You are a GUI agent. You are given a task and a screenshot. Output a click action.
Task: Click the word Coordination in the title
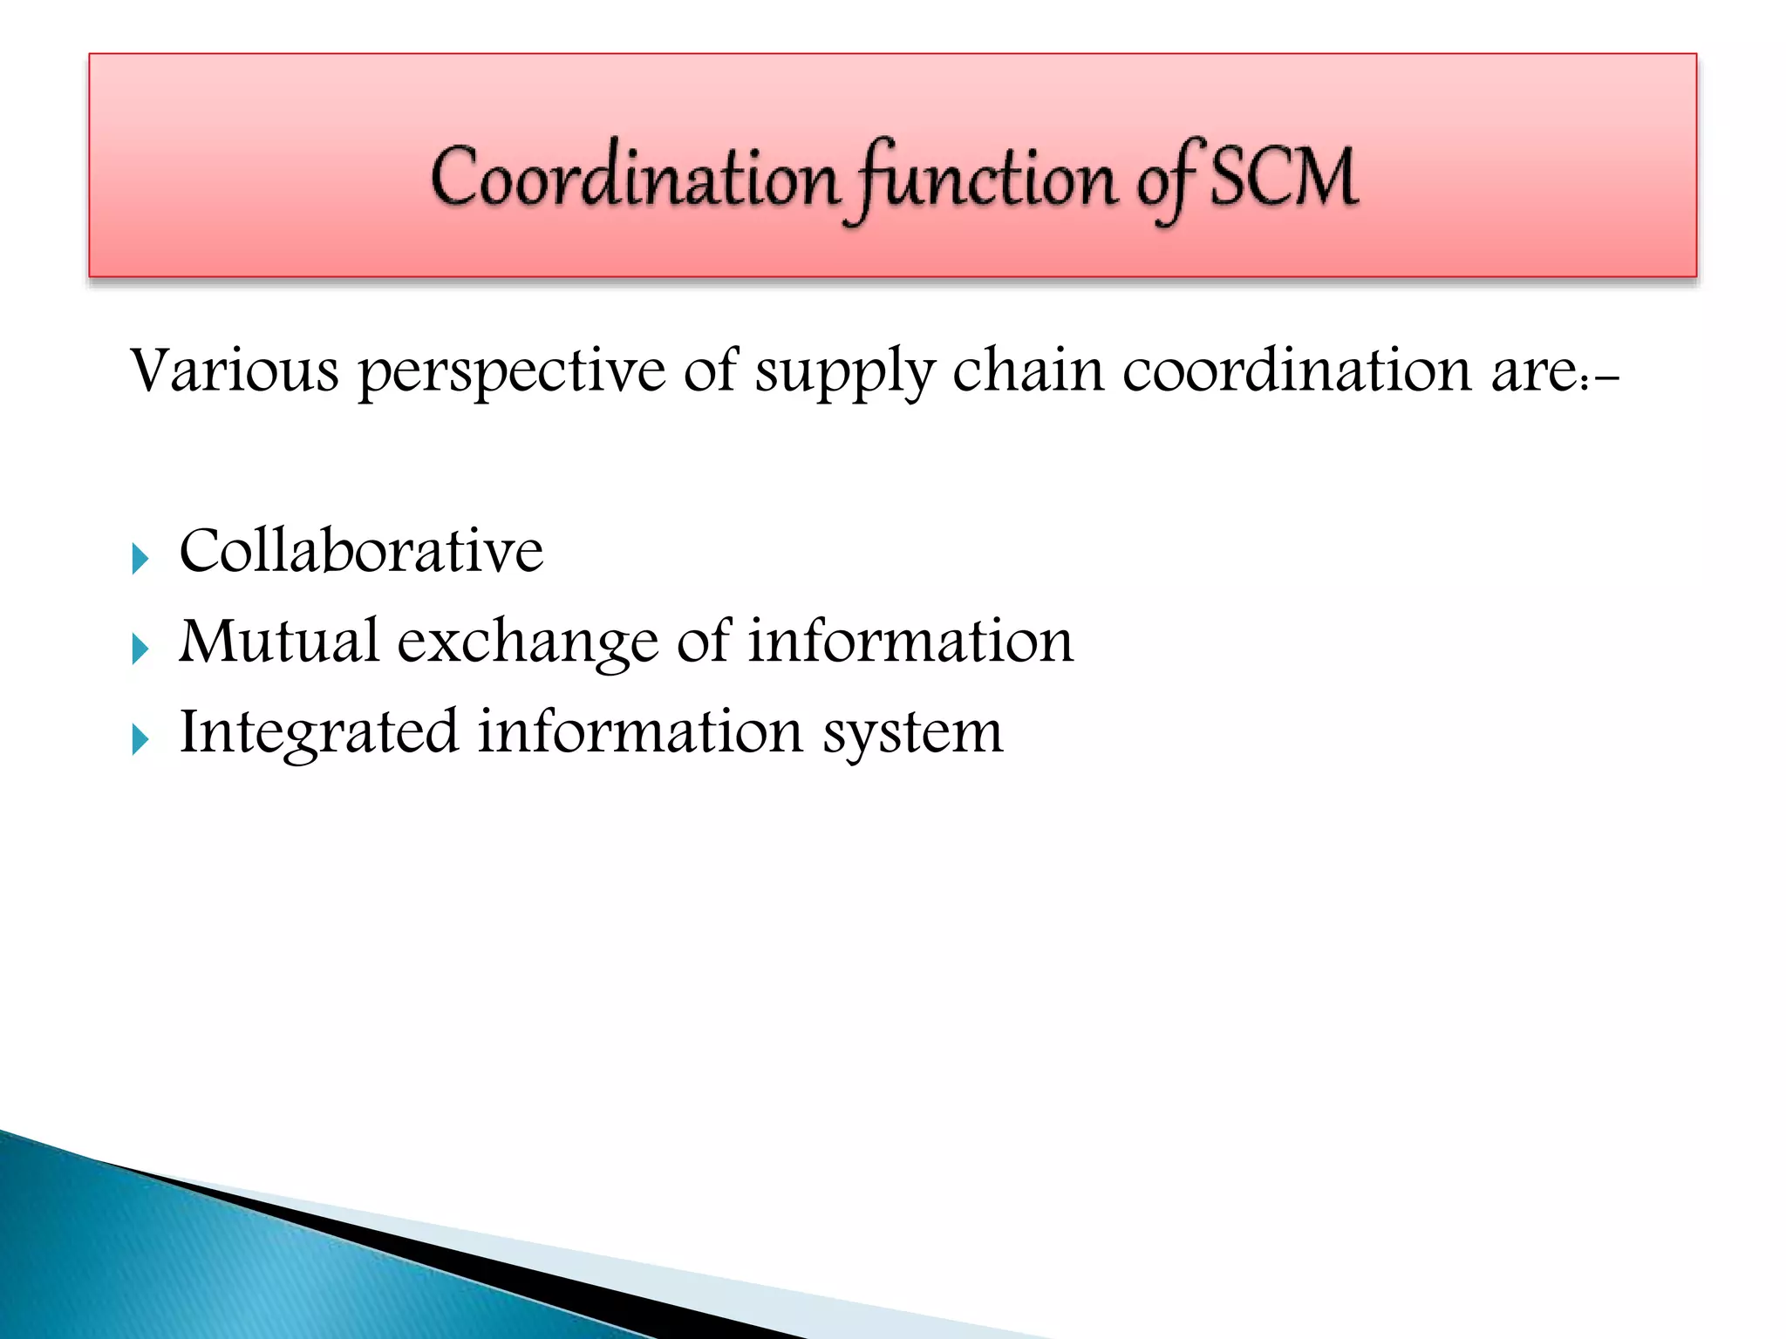(634, 179)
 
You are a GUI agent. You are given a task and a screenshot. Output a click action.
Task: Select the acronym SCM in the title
(1285, 178)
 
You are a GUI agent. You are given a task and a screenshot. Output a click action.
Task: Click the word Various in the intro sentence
(234, 370)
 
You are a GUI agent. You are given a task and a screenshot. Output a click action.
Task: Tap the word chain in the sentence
(1027, 370)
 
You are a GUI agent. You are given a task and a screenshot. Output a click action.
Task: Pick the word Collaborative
(361, 551)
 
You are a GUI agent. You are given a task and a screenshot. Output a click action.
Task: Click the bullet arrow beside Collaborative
(140, 558)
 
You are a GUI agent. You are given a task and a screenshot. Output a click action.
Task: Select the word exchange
(528, 643)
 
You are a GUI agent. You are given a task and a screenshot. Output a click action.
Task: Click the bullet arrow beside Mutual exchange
(140, 649)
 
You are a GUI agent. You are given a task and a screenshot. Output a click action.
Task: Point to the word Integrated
(318, 732)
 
